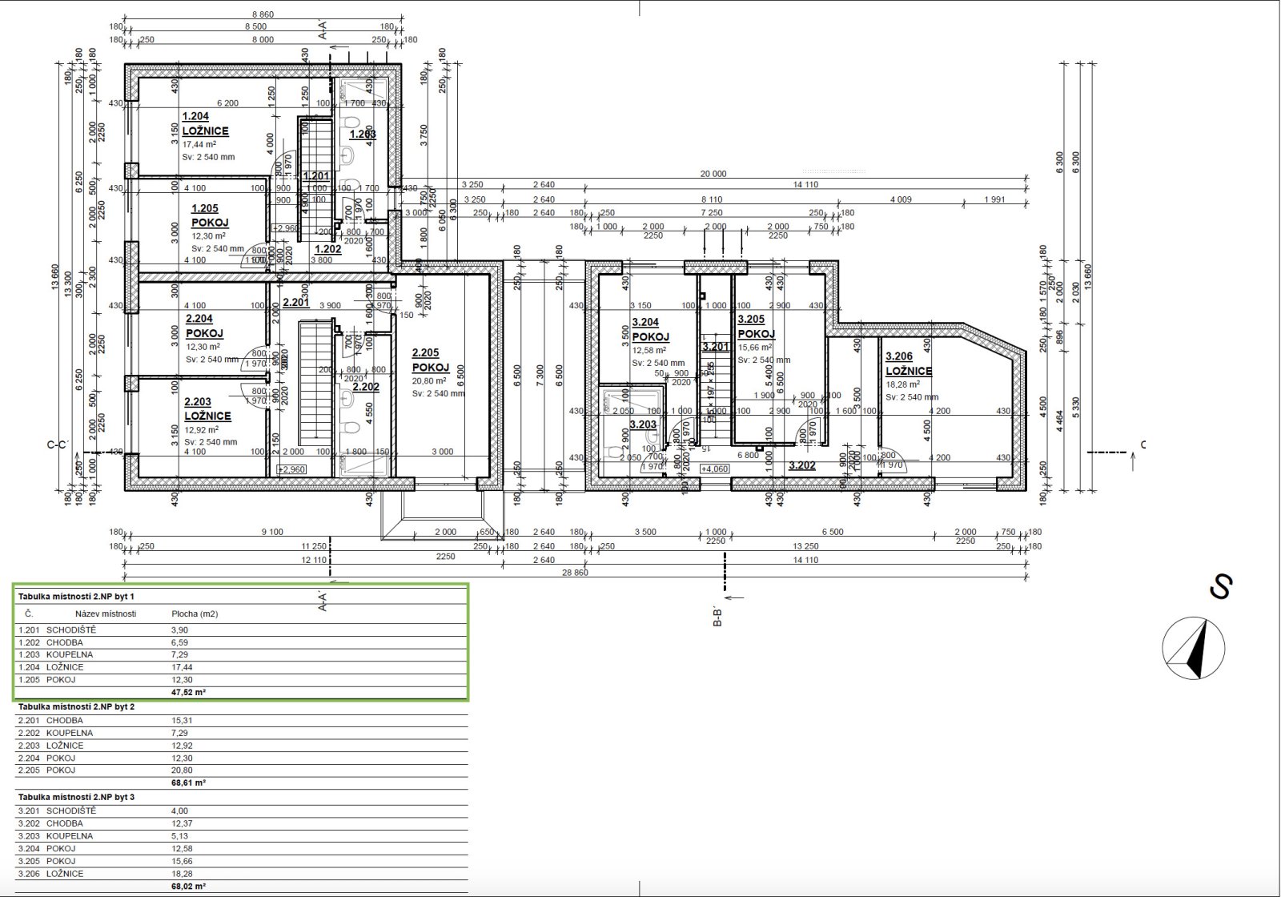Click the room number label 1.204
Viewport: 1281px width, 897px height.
195,116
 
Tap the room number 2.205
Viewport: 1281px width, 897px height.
425,352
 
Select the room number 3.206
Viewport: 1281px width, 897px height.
898,356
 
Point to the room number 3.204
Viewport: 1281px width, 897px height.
645,323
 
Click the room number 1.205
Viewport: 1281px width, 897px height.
205,208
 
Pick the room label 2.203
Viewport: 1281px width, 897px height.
197,402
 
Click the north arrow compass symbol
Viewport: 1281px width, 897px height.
1194,650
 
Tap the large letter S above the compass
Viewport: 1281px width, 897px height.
1219,588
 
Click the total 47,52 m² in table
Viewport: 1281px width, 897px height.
188,692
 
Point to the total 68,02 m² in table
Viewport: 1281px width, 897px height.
188,887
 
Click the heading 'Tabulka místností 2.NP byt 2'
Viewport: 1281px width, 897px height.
76,707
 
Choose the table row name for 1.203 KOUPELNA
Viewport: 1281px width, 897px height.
70,654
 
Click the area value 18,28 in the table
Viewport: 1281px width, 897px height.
182,874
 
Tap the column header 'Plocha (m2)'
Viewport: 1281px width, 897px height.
195,614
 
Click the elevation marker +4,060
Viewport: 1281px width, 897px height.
714,469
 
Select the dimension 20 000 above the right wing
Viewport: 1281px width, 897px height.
713,174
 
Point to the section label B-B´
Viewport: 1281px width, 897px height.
718,618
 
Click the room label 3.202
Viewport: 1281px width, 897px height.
801,465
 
